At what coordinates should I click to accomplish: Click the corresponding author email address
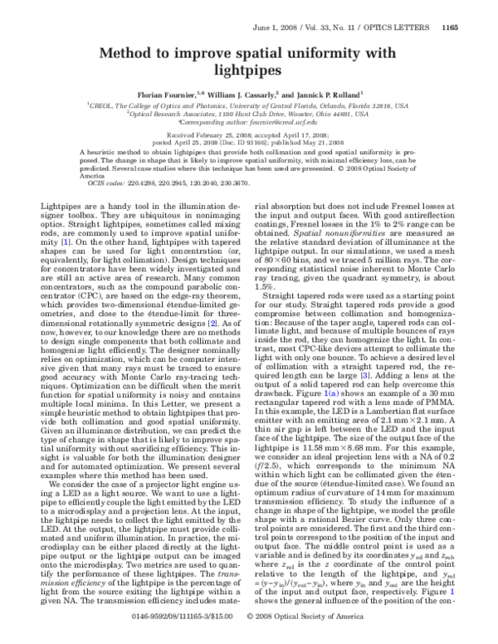click(285, 122)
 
